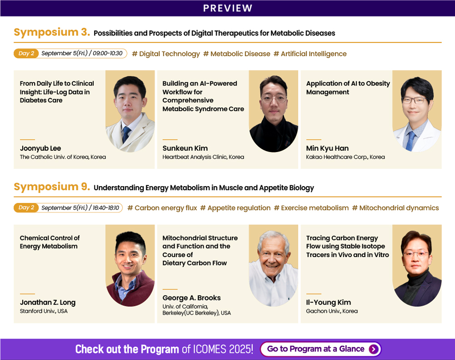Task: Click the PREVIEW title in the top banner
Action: pyautogui.click(x=227, y=8)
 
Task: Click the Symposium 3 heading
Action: pyautogui.click(x=52, y=32)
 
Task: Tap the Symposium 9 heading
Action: pyautogui.click(x=52, y=187)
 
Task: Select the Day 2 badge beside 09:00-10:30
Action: pyautogui.click(x=26, y=53)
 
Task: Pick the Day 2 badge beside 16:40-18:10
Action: pyautogui.click(x=26, y=208)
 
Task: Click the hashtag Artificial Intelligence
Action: pyautogui.click(x=310, y=54)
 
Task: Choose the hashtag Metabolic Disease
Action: pyautogui.click(x=237, y=54)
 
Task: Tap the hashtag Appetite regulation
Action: pyautogui.click(x=235, y=208)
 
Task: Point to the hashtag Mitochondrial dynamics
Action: pyautogui.click(x=395, y=208)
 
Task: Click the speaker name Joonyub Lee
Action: pyautogui.click(x=40, y=148)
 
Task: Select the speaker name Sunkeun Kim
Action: pyautogui.click(x=185, y=148)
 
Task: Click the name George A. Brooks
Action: pyautogui.click(x=192, y=298)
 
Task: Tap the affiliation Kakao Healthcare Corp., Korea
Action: pyautogui.click(x=345, y=157)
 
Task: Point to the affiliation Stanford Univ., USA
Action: pyautogui.click(x=44, y=311)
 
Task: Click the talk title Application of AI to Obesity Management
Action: pyautogui.click(x=348, y=88)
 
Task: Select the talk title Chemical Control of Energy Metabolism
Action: pyautogui.click(x=50, y=242)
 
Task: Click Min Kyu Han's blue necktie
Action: pyautogui.click(x=411, y=141)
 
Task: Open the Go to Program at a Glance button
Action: pyautogui.click(x=321, y=349)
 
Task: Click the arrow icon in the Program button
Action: pyautogui.click(x=374, y=349)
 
